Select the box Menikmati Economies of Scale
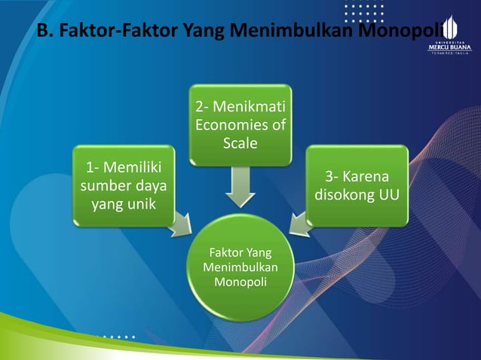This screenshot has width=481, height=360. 240,125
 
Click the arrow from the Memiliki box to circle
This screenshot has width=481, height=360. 181,224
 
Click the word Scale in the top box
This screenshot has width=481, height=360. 240,142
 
